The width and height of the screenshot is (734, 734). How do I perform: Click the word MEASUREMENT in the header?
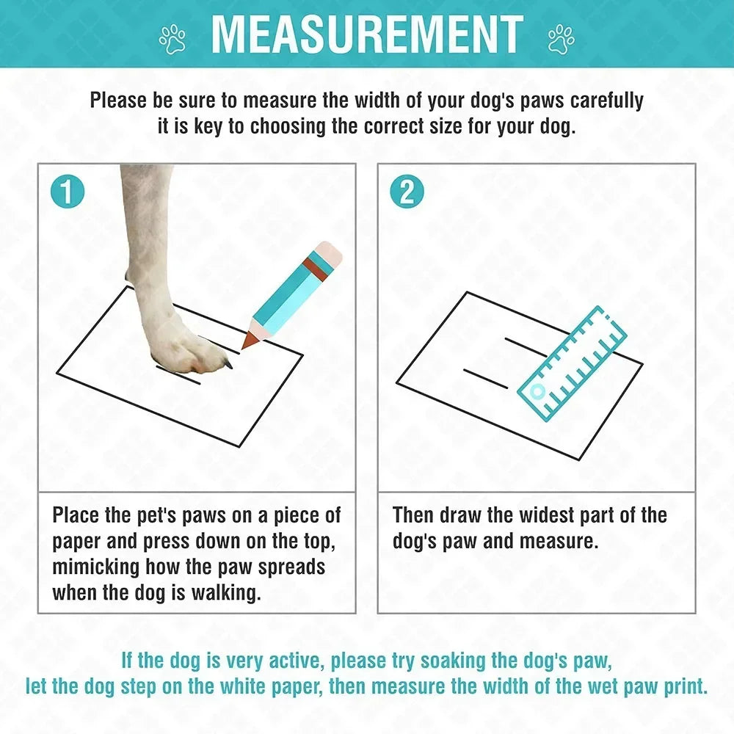(x=367, y=33)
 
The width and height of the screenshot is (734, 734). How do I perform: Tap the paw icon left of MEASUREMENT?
(x=173, y=39)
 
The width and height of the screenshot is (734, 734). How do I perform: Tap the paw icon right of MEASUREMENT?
(x=561, y=39)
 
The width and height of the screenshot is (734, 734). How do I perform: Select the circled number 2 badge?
(x=407, y=192)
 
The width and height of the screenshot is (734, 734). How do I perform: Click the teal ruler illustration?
(x=573, y=364)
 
